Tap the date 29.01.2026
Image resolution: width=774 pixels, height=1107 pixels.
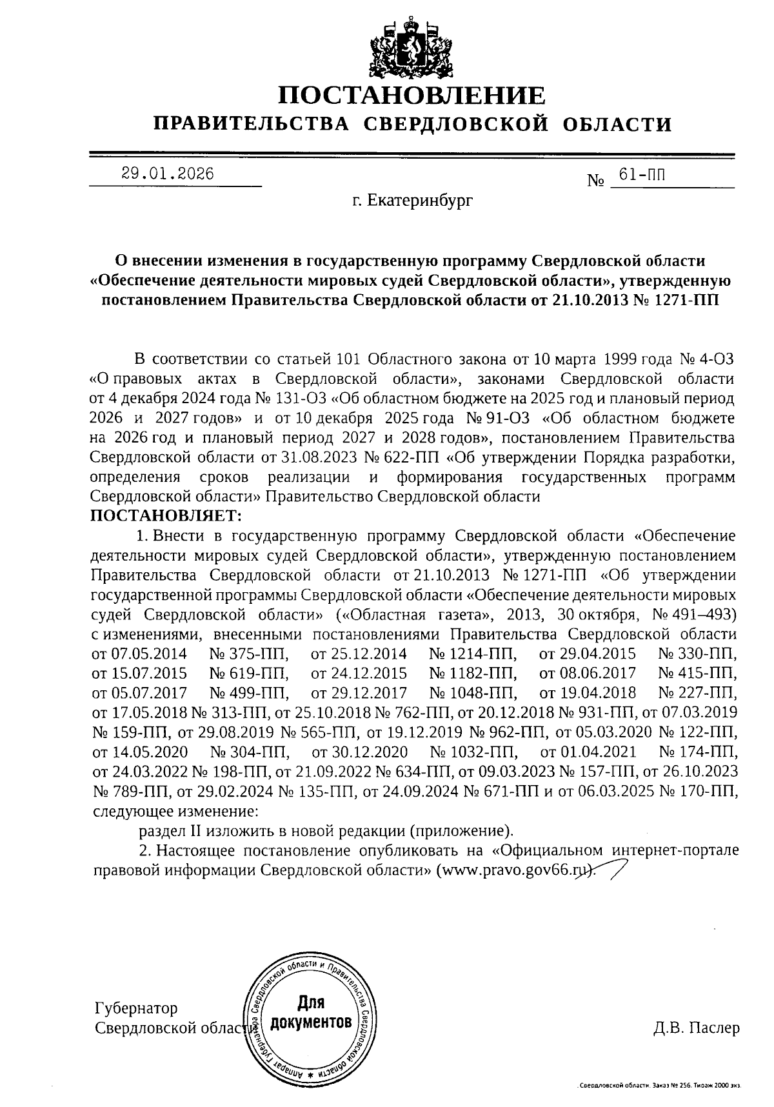click(168, 174)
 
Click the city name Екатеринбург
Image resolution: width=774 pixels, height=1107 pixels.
click(412, 201)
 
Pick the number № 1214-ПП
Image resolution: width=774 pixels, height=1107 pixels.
click(473, 653)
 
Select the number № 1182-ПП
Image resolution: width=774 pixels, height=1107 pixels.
click(473, 673)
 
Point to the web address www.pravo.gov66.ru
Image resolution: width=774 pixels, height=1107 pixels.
click(513, 870)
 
